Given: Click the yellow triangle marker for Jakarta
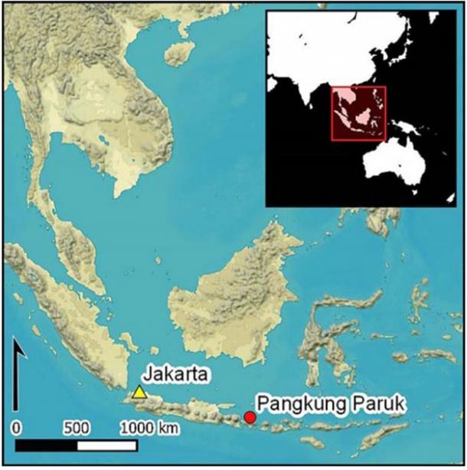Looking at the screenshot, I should click(139, 393).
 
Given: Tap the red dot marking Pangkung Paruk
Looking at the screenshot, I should click(250, 418).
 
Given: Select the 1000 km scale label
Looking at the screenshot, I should click(150, 427).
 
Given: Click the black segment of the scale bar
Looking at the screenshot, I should click(47, 445).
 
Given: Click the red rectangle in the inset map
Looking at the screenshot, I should click(358, 113).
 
